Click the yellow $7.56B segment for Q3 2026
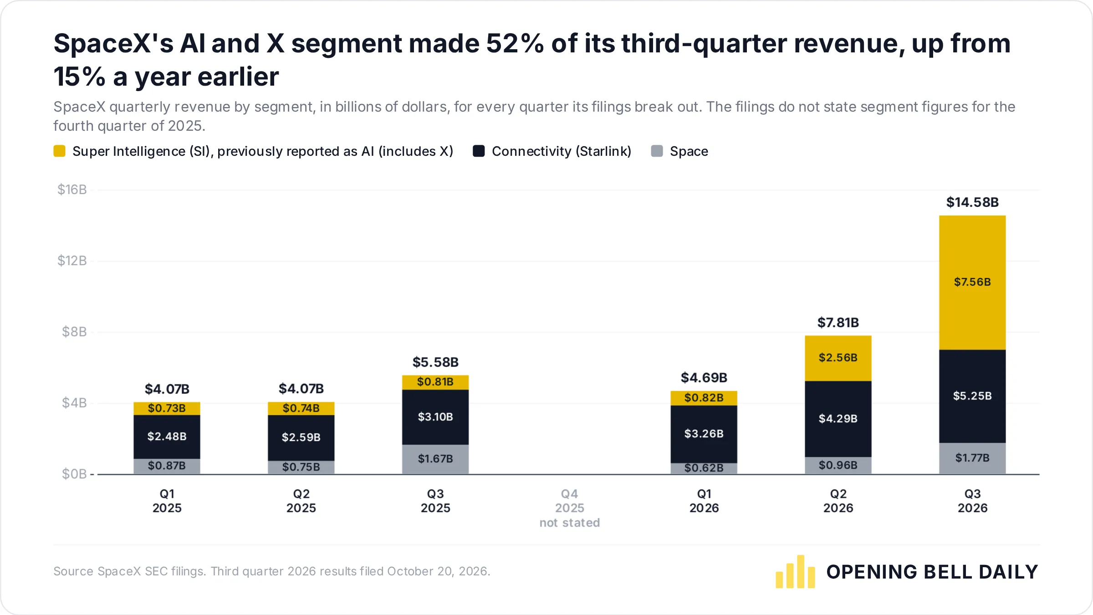pos(972,282)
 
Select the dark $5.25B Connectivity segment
pos(972,396)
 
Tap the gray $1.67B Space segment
pos(435,459)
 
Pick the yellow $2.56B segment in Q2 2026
pos(838,358)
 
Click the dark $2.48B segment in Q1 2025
pos(167,437)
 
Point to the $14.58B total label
pos(972,202)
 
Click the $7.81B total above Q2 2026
pos(838,323)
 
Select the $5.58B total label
pos(435,362)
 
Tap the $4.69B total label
pos(704,378)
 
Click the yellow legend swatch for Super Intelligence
pos(59,151)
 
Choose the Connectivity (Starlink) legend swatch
pos(479,151)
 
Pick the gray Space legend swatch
pos(657,151)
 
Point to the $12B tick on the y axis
pos(72,261)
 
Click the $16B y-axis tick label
pos(72,190)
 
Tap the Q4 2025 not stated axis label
pos(570,508)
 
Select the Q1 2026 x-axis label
pos(704,501)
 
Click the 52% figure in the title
pos(515,44)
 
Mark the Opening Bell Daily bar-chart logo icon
pos(795,572)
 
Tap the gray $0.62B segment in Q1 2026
pos(704,468)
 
